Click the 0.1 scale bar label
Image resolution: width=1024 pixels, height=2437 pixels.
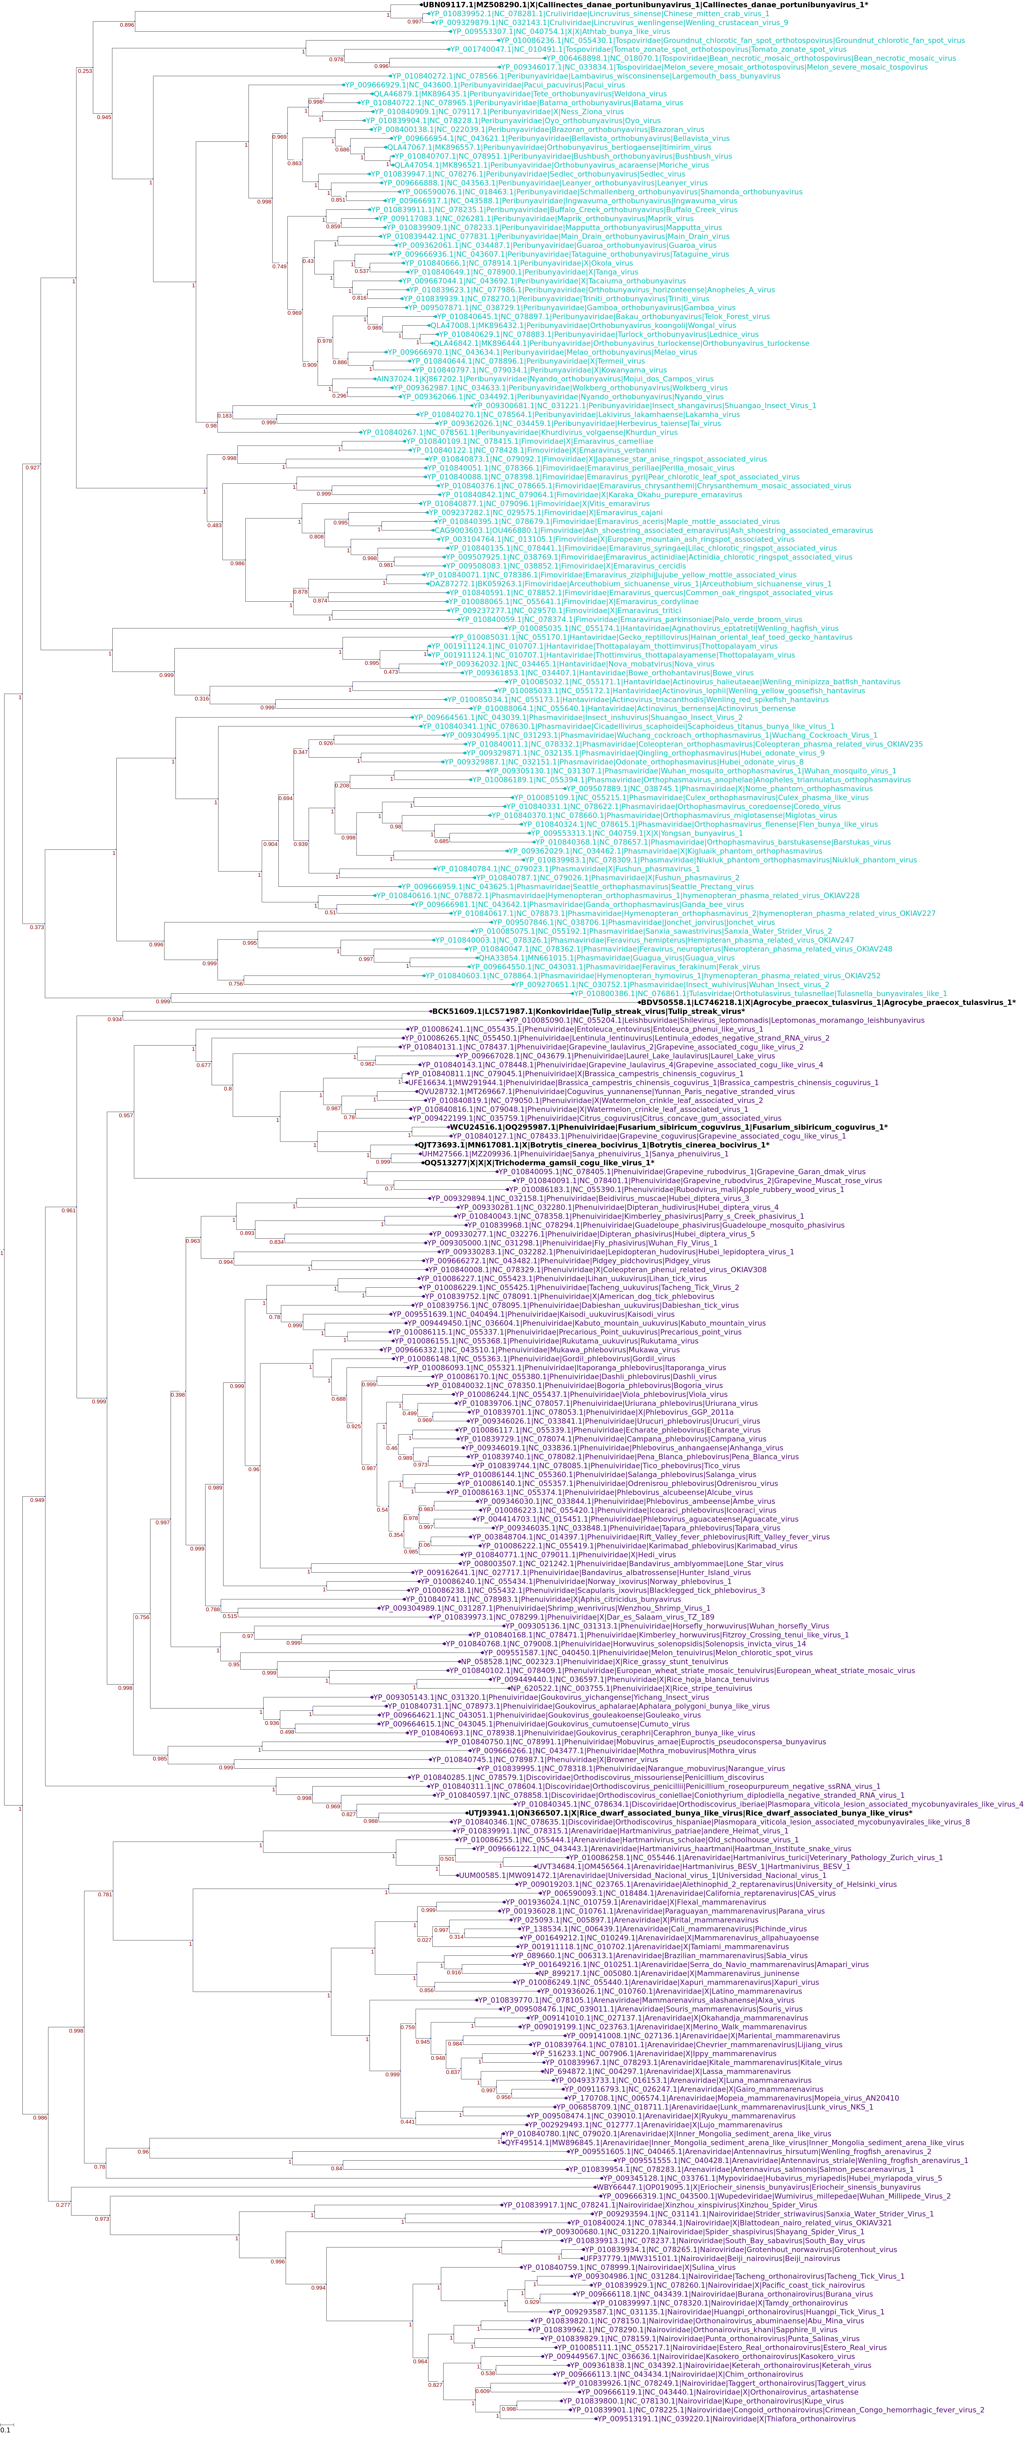click(x=6, y=2429)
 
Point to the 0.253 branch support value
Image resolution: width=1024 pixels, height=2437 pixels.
click(x=84, y=71)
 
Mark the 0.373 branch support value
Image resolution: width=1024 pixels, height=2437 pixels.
click(x=36, y=927)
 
